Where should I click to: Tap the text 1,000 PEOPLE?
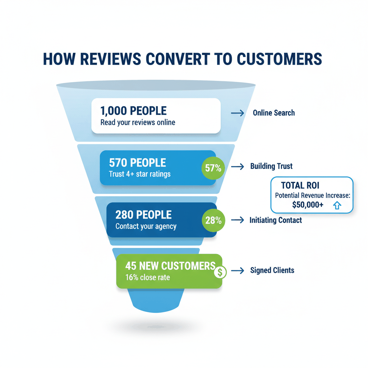[134, 110]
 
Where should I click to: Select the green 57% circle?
[213, 168]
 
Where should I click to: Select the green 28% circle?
[213, 220]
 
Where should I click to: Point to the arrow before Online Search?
[237, 113]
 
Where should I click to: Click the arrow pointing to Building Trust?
[237, 166]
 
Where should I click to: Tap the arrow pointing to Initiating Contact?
[237, 220]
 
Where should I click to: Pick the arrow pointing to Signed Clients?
[237, 270]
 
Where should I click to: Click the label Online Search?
[274, 113]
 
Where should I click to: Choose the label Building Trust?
[271, 166]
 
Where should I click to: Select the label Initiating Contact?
[276, 220]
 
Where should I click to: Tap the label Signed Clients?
[272, 270]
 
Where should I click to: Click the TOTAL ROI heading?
[300, 185]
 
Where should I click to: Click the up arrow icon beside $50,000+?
[336, 206]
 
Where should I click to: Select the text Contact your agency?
[146, 226]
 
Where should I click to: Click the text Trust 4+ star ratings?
[139, 174]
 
